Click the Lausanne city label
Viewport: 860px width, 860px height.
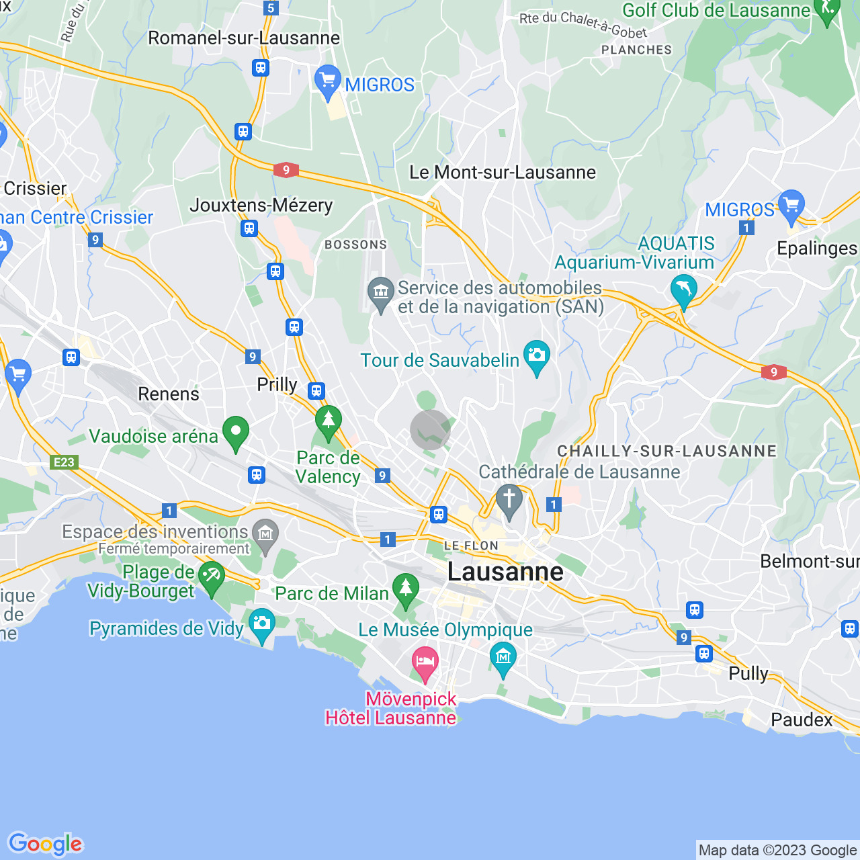[x=505, y=572]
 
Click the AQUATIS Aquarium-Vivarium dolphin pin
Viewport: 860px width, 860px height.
[x=683, y=290]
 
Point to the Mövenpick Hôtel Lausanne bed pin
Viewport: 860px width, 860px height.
[x=425, y=662]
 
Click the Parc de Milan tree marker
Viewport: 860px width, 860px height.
[x=405, y=589]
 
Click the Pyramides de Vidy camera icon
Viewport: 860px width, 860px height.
[x=261, y=624]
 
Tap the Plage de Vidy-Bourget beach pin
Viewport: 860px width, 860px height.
[x=212, y=578]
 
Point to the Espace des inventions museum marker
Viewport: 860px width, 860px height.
[x=265, y=535]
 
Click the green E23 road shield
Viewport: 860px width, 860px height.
[x=64, y=462]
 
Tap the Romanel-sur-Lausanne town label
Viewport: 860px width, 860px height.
[x=244, y=38]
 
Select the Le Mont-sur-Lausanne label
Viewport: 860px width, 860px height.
[x=503, y=172]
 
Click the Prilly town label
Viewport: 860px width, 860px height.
[x=277, y=384]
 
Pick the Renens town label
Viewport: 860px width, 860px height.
[x=169, y=394]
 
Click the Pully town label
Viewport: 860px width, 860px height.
[x=748, y=673]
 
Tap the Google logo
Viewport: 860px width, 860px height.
[x=45, y=844]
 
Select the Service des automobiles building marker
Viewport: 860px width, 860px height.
[x=381, y=294]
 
